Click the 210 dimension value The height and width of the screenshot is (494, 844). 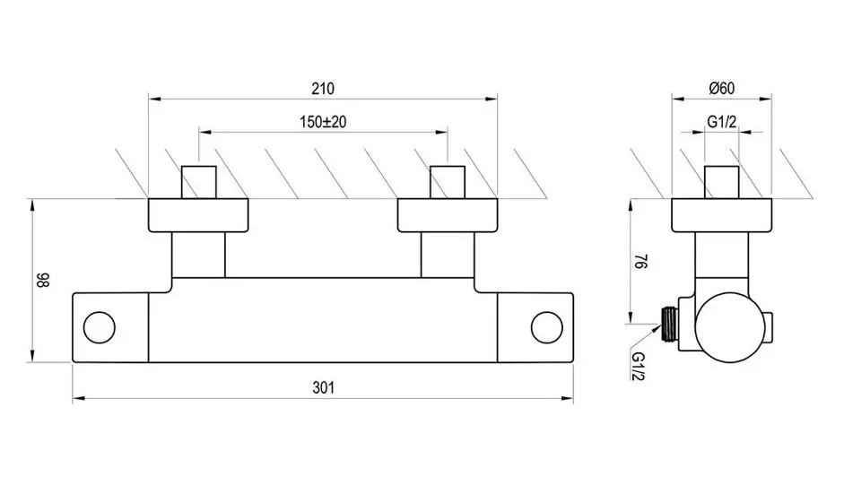tap(323, 89)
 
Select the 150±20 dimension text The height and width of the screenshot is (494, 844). tap(323, 122)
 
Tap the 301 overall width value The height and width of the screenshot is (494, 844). tap(323, 387)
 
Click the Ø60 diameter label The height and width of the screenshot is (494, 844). tap(721, 88)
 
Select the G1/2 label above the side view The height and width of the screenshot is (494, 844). tap(721, 122)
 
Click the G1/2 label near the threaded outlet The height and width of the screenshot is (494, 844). tap(639, 368)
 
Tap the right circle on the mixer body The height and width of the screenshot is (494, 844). tap(544, 327)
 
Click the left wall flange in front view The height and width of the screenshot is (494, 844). tap(197, 215)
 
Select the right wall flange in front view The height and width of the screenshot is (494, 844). tap(448, 215)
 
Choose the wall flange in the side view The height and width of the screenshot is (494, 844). tap(722, 215)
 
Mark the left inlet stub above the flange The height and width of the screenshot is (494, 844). tap(198, 181)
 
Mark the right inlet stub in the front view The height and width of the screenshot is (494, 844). tap(448, 181)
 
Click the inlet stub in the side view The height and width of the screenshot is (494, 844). tap(722, 181)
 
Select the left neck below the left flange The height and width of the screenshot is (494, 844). tap(198, 255)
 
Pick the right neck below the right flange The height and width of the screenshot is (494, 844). tap(448, 255)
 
